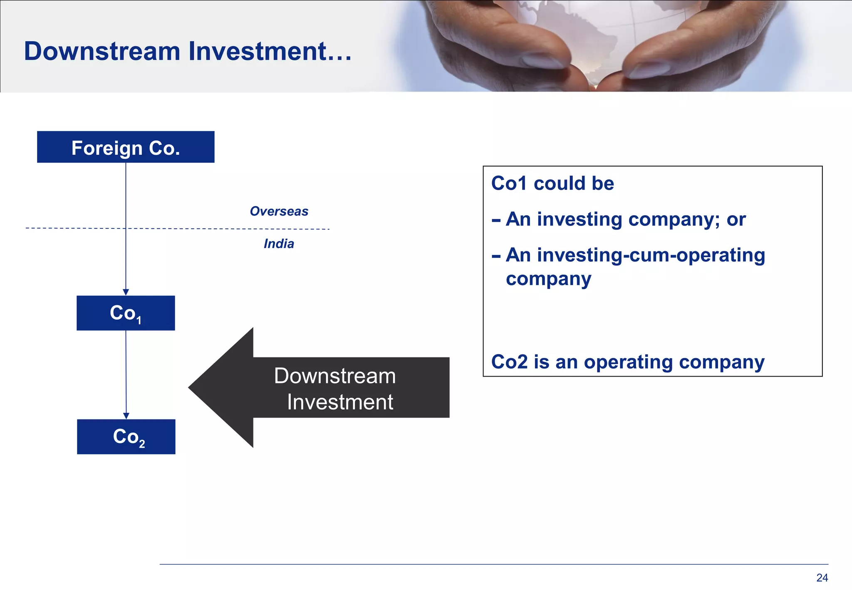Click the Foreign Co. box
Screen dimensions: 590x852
[126, 147]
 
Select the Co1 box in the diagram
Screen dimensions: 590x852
[126, 313]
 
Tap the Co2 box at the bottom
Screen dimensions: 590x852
[126, 436]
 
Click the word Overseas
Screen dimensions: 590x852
[279, 211]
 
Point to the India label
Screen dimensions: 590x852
[279, 244]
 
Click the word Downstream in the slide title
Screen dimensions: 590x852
[102, 51]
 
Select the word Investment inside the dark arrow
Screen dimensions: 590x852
[340, 402]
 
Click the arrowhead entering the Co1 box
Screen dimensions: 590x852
[126, 292]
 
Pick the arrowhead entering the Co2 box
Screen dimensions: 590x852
[126, 416]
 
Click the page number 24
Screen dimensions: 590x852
[822, 578]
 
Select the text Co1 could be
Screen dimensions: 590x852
[552, 183]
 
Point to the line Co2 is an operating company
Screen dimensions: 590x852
[627, 362]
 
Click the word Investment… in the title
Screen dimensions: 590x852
[270, 51]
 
